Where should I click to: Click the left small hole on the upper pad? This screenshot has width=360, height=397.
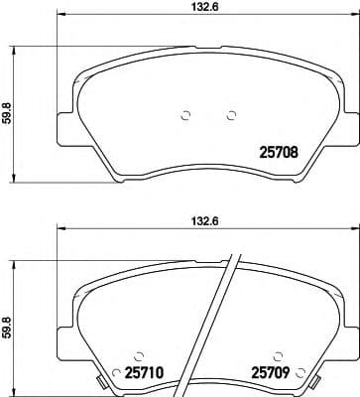(x=185, y=114)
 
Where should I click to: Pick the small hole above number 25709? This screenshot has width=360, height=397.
(x=277, y=353)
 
